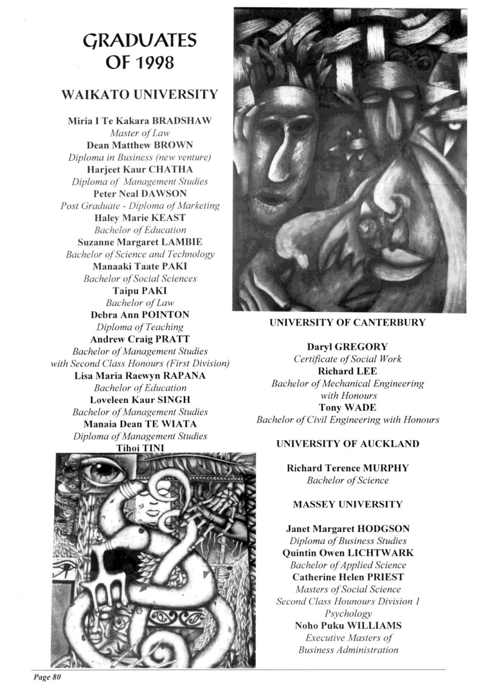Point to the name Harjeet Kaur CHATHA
pos(140,170)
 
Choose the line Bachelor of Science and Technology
pos(140,254)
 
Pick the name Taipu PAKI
pos(140,291)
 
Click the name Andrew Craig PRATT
pos(140,339)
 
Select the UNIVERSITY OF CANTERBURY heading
pos(348,323)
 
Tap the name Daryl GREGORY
pos(348,347)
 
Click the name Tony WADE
pos(348,408)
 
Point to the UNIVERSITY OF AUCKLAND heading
pos(348,444)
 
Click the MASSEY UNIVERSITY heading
pos(348,505)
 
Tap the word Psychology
pos(348,614)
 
